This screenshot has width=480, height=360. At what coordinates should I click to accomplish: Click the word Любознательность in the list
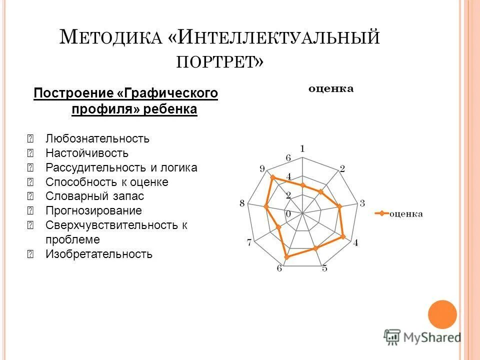click(97, 138)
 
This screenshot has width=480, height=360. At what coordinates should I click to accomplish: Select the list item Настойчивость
click(87, 153)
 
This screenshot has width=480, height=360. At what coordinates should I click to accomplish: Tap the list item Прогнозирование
click(93, 210)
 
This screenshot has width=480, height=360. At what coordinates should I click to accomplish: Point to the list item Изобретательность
click(99, 254)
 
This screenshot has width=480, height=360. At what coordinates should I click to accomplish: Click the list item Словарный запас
click(94, 196)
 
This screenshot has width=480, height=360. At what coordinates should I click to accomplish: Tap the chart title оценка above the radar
click(331, 89)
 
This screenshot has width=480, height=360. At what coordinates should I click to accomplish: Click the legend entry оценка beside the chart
click(406, 213)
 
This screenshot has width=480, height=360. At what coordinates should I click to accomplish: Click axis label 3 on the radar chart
click(362, 203)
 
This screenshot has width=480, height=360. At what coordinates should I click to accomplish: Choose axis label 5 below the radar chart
click(324, 268)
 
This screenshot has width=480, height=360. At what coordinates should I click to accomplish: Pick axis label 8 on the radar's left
click(242, 203)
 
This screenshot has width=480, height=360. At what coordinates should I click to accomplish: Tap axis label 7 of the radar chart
click(249, 243)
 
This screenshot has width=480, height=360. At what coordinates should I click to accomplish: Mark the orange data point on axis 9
click(272, 177)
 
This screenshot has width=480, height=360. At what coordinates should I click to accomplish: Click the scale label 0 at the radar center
click(288, 214)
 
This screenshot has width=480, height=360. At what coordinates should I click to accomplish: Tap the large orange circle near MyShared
click(442, 314)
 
